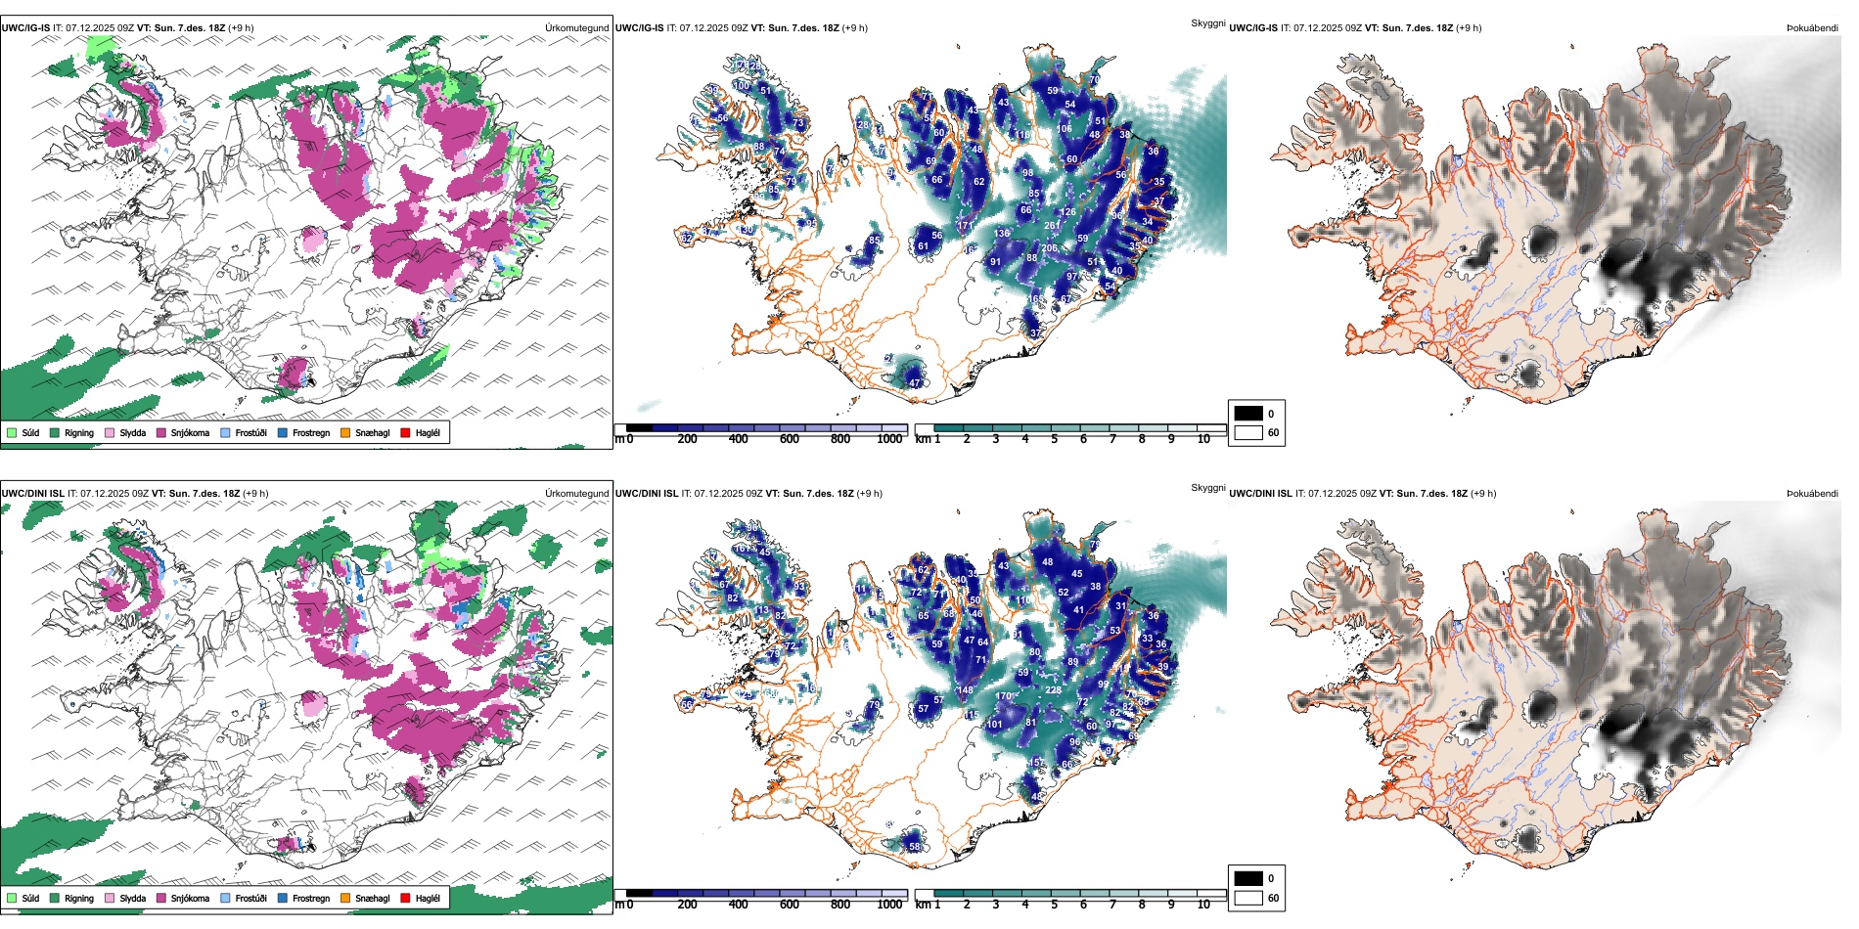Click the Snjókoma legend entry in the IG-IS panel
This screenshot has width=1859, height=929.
click(190, 432)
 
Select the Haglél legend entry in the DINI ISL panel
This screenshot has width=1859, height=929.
click(428, 898)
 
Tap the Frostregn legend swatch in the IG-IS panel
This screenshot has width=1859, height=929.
click(283, 432)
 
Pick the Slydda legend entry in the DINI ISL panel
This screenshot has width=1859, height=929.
click(132, 898)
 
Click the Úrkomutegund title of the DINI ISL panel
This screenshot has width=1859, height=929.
click(576, 494)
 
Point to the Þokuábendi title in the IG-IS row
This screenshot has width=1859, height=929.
click(1812, 28)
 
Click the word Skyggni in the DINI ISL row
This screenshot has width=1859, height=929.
click(1207, 488)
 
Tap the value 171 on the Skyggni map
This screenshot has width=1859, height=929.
click(966, 226)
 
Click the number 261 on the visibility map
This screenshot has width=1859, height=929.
click(1052, 226)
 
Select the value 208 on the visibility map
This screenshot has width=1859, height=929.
click(1049, 248)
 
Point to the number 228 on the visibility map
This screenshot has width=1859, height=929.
click(1053, 690)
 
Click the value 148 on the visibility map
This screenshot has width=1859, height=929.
click(966, 690)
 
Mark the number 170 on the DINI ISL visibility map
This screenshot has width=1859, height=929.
click(1003, 696)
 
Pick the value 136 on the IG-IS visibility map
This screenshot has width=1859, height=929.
click(1002, 234)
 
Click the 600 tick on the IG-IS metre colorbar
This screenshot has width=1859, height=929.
click(790, 440)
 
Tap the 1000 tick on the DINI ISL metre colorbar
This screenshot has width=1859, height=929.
click(889, 906)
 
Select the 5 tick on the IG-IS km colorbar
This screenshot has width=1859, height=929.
click(1055, 440)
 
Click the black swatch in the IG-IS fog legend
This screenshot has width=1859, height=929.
click(1248, 414)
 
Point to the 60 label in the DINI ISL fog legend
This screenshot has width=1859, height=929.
click(1273, 898)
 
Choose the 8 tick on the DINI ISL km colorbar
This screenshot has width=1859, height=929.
click(1142, 906)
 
